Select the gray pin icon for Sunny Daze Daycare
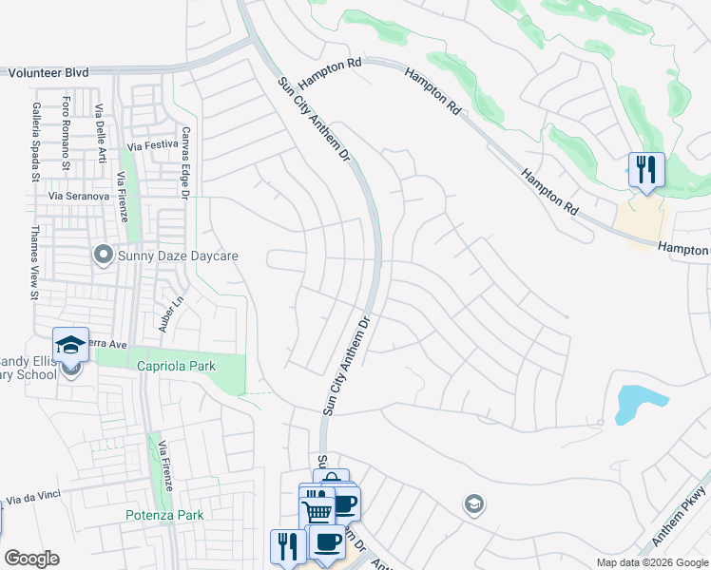point(103,255)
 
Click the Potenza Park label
point(164,515)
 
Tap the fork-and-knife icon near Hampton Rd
point(645,171)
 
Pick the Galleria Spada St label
point(35,142)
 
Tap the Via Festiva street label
point(153,146)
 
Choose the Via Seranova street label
point(82,196)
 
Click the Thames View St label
point(34,262)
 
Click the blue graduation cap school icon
point(70,345)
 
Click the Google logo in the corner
point(31,559)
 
